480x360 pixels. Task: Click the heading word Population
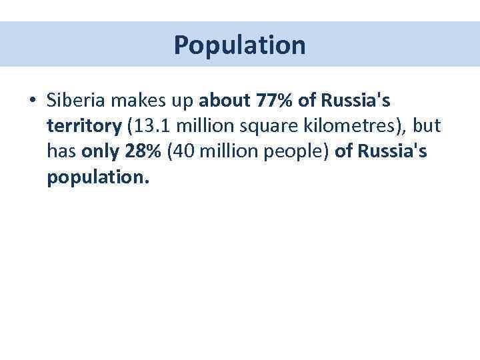[x=240, y=45]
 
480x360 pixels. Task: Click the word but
[x=427, y=126]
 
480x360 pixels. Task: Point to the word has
[x=61, y=152]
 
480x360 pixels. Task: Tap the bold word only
[x=101, y=152]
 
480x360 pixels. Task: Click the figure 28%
[x=143, y=152]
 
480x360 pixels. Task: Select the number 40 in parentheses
[x=184, y=152]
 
